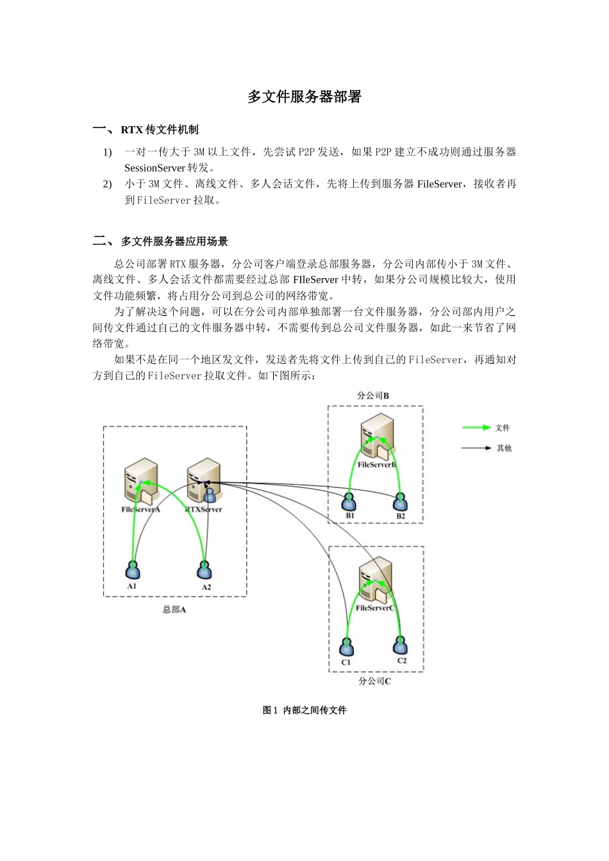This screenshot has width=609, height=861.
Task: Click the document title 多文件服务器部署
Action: (304, 97)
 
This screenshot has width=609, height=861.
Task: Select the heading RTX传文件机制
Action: (160, 130)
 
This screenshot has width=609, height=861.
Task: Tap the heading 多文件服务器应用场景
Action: (174, 242)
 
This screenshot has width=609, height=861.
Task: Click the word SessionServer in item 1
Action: (154, 168)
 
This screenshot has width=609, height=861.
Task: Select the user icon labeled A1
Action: (132, 570)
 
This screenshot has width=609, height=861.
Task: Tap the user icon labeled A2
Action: (205, 570)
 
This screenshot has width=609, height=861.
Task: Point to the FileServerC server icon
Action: (376, 580)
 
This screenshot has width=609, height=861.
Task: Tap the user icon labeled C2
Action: (401, 644)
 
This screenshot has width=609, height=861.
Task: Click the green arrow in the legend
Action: (476, 427)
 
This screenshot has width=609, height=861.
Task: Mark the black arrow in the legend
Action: (476, 448)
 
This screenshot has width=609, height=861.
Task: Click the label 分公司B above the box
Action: (373, 396)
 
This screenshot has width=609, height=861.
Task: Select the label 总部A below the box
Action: (174, 610)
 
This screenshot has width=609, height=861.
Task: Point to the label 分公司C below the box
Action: (375, 681)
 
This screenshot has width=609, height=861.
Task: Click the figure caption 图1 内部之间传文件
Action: (304, 710)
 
